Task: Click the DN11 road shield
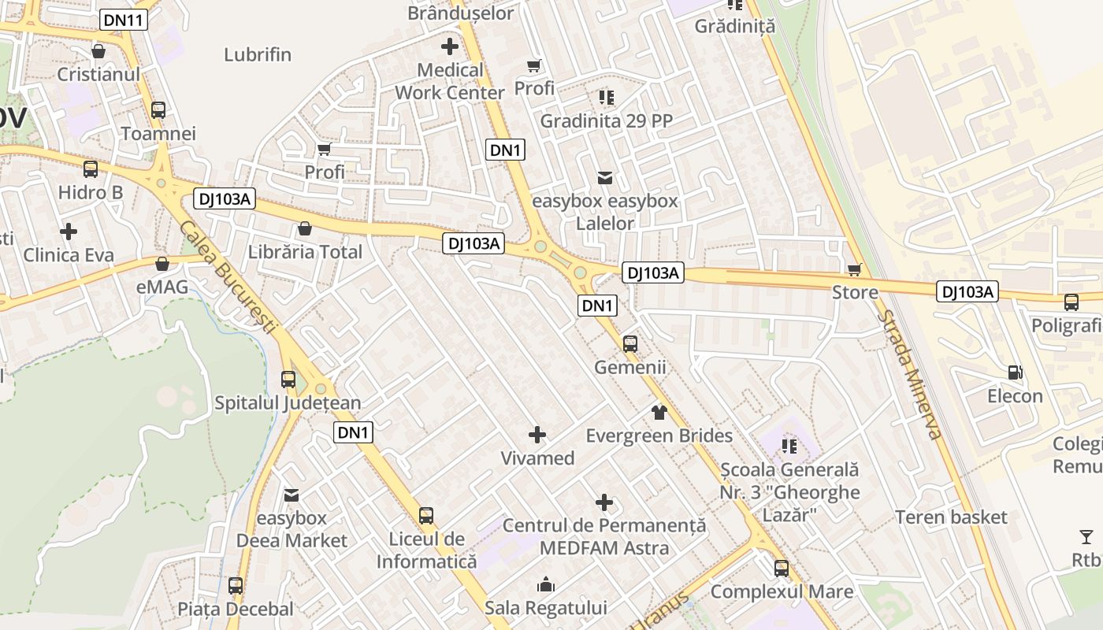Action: tap(124, 20)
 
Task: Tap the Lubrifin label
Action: tap(258, 54)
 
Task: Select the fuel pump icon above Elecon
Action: tap(1016, 372)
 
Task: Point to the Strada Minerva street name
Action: tap(909, 375)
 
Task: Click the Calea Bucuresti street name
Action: tap(228, 277)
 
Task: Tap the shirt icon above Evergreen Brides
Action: tap(659, 412)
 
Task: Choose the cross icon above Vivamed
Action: tap(537, 435)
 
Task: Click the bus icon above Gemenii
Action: tap(629, 344)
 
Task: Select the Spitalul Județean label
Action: tap(288, 403)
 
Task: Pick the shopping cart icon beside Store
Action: tap(855, 270)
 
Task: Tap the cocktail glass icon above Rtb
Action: tap(1086, 537)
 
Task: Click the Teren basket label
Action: tap(951, 517)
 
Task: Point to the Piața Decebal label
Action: tap(236, 609)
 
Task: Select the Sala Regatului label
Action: tap(546, 607)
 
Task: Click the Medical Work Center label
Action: tap(450, 81)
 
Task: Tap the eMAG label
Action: tap(162, 287)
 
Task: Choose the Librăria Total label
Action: tap(305, 252)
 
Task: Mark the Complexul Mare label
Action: tap(782, 591)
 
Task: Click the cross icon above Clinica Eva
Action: tap(69, 232)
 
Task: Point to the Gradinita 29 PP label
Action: tap(605, 121)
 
